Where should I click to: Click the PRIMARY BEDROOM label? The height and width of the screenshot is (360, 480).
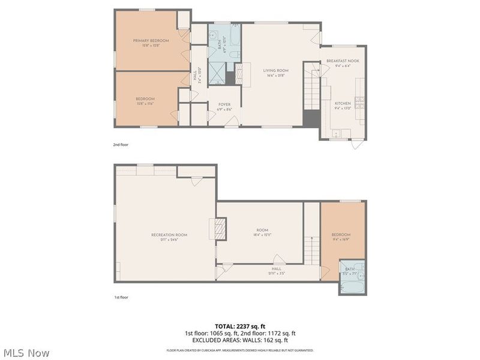(x=151, y=41)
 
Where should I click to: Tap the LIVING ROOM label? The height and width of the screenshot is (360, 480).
(x=276, y=71)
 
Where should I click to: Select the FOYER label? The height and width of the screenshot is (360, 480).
(x=224, y=104)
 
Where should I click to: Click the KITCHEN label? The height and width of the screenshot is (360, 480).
(x=343, y=103)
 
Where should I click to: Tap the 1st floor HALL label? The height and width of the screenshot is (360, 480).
(x=277, y=269)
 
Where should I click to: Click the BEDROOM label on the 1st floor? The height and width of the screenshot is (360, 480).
(x=342, y=235)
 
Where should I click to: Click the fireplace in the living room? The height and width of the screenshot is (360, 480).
(x=242, y=75)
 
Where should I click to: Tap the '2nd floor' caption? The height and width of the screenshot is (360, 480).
(x=121, y=145)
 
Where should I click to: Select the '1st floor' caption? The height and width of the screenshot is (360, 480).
(x=121, y=297)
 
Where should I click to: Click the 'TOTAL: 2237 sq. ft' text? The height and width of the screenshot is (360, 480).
(x=239, y=326)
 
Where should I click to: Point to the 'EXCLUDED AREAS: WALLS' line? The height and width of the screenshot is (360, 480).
(x=239, y=340)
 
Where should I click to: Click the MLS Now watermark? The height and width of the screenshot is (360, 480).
(x=26, y=353)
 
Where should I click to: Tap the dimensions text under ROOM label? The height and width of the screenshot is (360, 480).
(x=262, y=235)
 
